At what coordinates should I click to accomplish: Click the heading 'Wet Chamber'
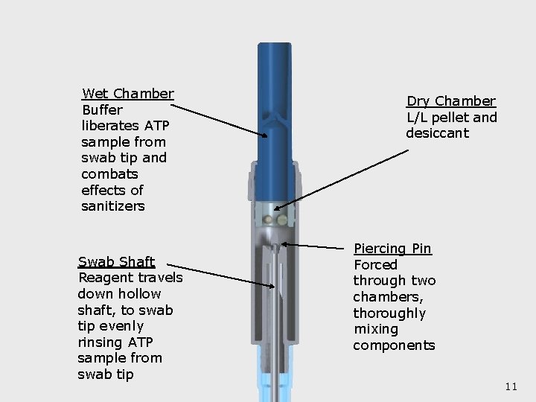[x=127, y=94]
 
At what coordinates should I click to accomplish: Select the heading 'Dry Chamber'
[x=450, y=101]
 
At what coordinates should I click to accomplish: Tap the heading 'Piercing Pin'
[x=392, y=249]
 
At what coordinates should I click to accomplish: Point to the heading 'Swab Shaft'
[x=116, y=261]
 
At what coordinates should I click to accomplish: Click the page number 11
[x=511, y=386]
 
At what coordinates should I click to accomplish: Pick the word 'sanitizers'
[x=113, y=206]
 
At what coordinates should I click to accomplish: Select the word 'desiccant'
[x=437, y=134]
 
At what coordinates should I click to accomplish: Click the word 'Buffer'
[x=102, y=110]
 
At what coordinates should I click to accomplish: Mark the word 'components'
[x=394, y=345]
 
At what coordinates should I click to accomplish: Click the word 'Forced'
[x=375, y=265]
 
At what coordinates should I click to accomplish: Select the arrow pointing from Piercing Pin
[x=316, y=245]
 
